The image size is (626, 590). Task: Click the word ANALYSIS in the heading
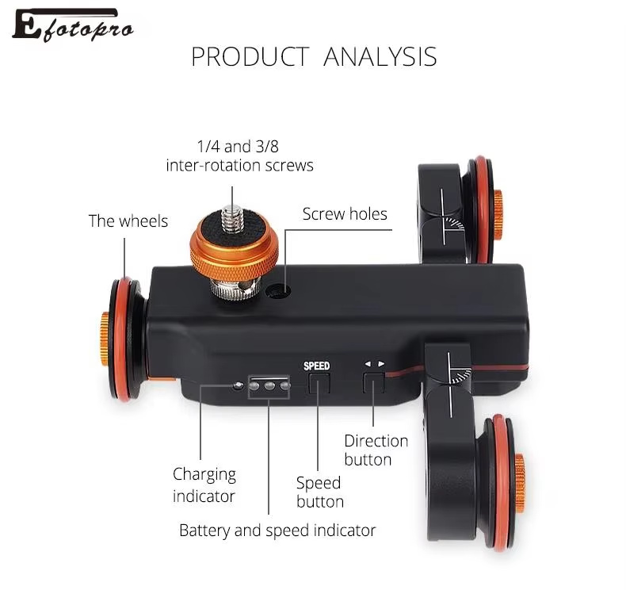[x=380, y=57]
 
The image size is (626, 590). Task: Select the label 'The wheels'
[x=128, y=221]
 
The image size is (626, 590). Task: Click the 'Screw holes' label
[x=345, y=214]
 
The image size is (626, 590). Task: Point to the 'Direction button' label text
[x=376, y=450]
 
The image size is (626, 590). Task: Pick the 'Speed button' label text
[x=319, y=492]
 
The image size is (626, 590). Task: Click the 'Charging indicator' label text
[x=204, y=485]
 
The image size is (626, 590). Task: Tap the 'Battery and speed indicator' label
[x=277, y=530]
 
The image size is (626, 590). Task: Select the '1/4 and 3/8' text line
[x=239, y=147]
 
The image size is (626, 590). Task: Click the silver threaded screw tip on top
[x=231, y=216]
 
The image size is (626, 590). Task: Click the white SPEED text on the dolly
[x=316, y=366]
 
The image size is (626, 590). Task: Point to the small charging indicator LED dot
[x=238, y=386]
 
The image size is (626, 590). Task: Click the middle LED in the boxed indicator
[x=269, y=386]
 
